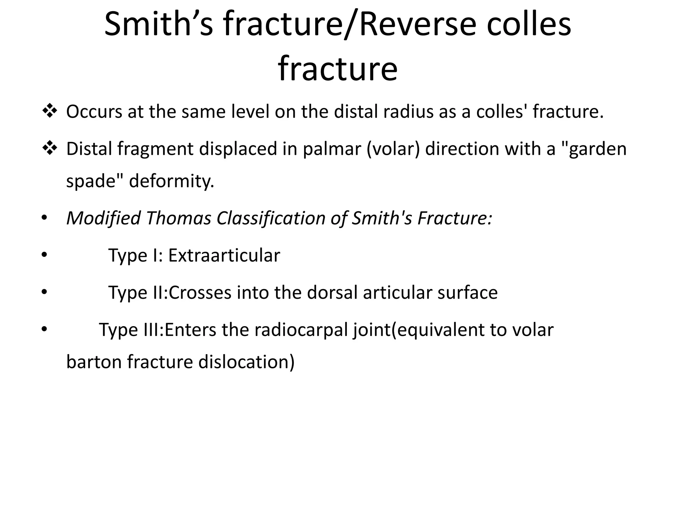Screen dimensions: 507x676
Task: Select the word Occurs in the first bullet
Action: [x=94, y=112]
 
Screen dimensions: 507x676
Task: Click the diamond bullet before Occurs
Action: [x=50, y=111]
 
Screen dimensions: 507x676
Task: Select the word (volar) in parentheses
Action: [x=393, y=149]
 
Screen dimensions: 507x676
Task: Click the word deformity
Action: [x=172, y=181]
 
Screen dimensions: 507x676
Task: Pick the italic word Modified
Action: [x=104, y=219]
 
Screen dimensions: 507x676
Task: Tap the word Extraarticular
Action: [x=224, y=255]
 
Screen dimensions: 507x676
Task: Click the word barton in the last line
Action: [x=94, y=362]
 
